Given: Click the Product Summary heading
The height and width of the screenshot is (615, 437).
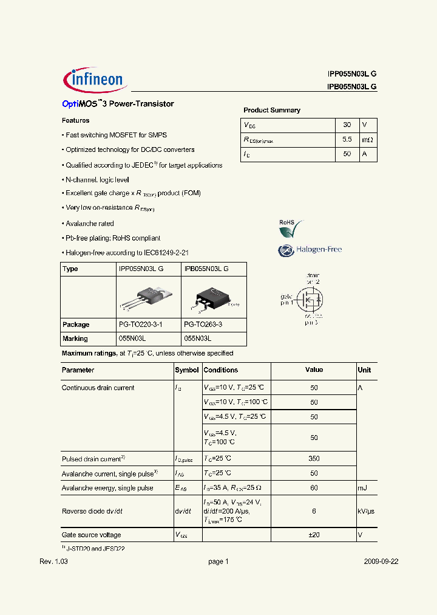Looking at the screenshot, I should tap(272, 110).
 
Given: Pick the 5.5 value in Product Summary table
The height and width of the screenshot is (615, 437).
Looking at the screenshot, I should tap(347, 139).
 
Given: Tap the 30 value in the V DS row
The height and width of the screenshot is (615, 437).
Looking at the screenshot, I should tap(347, 125).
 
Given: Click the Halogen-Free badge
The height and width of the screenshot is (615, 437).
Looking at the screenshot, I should tap(310, 250).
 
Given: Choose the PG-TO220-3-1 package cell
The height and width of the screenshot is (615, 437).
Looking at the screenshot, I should tap(140, 325).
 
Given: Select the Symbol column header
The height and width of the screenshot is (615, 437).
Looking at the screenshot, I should tap(186, 370).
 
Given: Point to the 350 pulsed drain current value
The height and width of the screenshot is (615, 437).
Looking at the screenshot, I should tap(314, 459).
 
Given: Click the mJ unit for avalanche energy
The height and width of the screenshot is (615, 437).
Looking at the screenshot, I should tap(363, 488).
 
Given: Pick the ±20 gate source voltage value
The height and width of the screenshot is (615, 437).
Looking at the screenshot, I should tap(314, 535).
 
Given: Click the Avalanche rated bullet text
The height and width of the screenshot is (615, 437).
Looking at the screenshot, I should tap(90, 224).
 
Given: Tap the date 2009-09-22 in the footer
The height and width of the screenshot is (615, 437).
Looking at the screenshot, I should tap(381, 562).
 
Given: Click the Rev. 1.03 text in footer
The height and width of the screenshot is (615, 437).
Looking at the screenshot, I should tap(53, 562).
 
